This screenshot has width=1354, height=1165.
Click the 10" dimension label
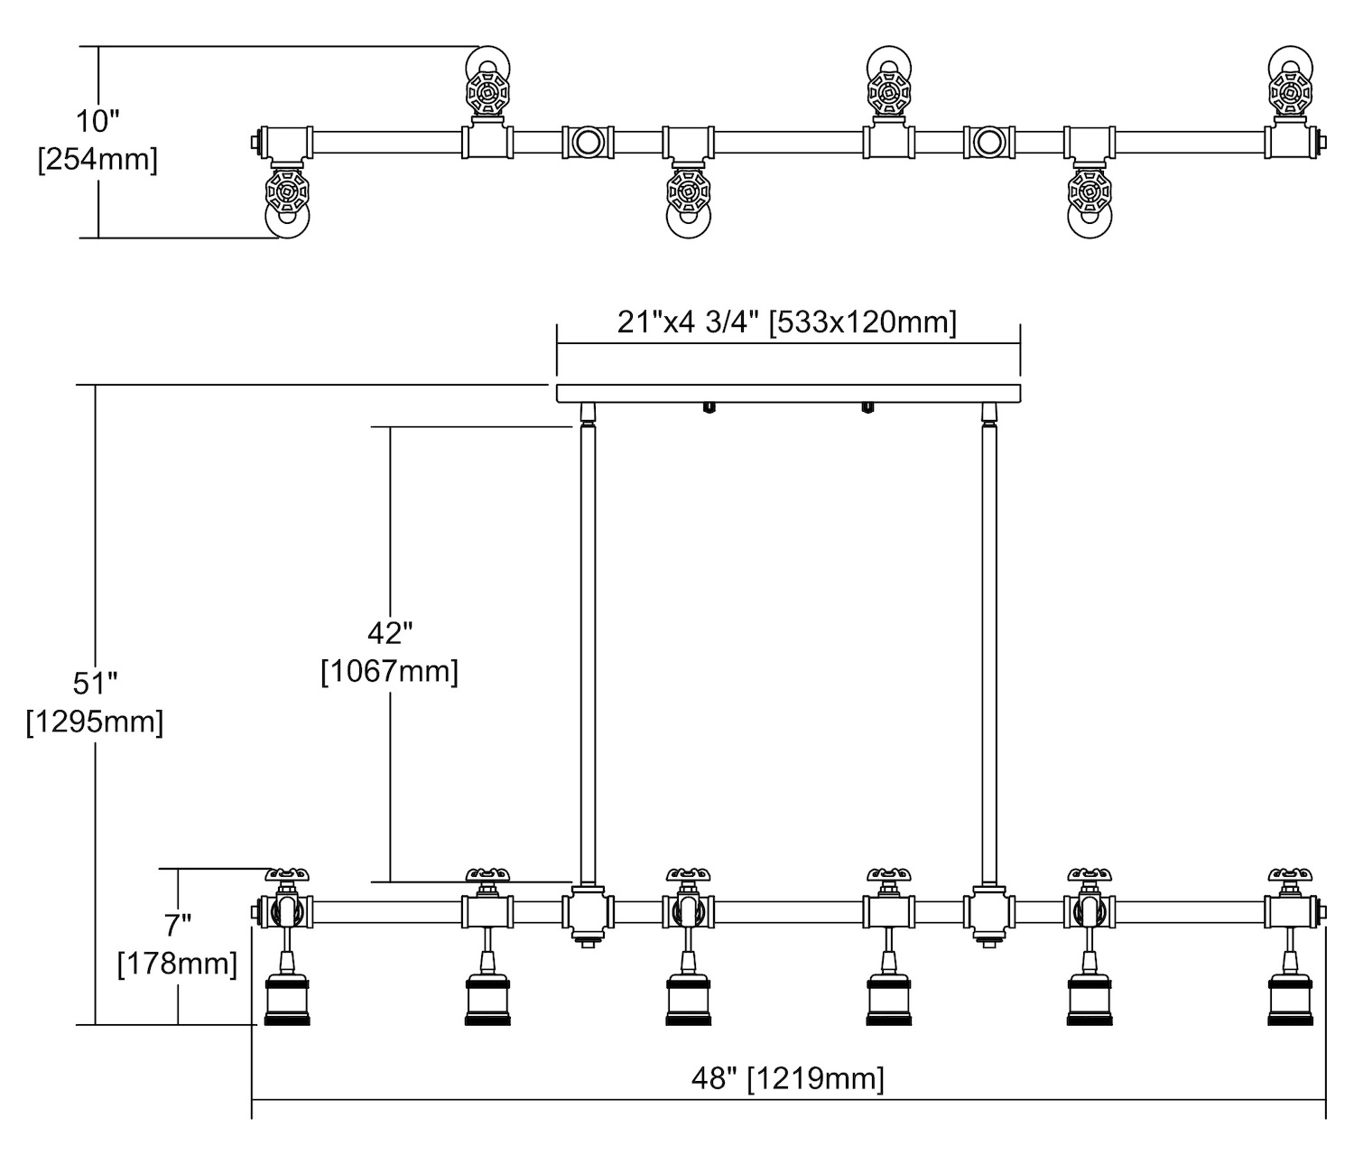click(97, 120)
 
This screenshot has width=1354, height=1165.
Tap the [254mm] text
click(97, 161)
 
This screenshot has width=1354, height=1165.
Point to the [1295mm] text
click(96, 722)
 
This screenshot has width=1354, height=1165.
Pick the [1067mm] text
click(390, 672)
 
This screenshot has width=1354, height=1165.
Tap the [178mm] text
click(178, 964)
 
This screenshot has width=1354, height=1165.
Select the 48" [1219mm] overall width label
click(788, 1077)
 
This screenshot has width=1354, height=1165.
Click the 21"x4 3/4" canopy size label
click(787, 322)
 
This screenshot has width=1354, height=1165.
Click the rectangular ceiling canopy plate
click(788, 392)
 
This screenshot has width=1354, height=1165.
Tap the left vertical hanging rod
click(588, 650)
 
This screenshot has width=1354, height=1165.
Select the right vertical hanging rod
click(988, 650)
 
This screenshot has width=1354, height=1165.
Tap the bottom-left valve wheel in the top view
click(287, 192)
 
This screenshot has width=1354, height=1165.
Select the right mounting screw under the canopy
click(867, 408)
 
